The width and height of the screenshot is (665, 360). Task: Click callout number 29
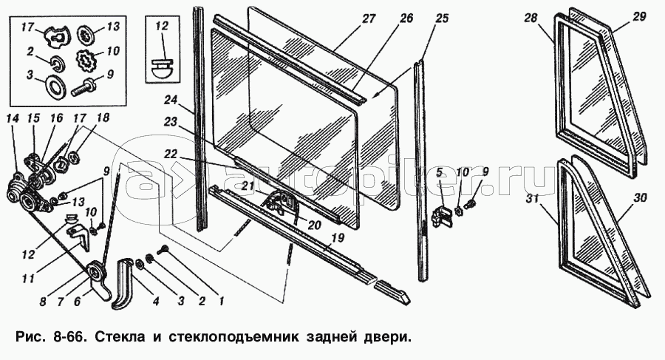(x=640, y=17)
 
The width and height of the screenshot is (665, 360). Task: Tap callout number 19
(x=338, y=239)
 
